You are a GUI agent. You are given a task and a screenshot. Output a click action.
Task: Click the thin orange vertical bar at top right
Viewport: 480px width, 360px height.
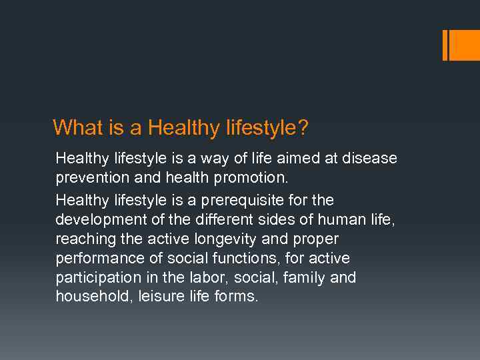coord(445,45)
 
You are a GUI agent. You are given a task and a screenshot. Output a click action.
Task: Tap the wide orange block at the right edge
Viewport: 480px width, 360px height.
coord(465,45)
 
